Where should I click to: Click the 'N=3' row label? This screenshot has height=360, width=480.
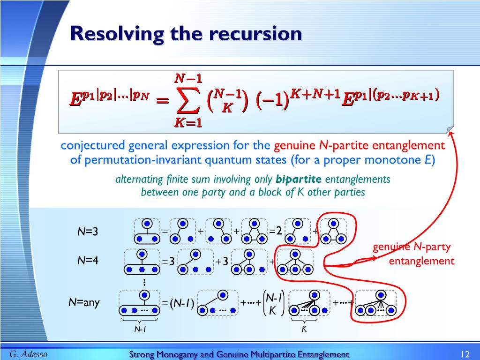click(88, 231)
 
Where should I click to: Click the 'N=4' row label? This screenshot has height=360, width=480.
click(88, 261)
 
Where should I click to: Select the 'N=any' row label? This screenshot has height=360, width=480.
click(84, 302)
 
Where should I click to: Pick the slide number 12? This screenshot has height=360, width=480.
click(465, 354)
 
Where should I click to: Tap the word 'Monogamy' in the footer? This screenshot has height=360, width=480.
click(178, 354)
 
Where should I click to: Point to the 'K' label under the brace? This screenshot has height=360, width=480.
click(304, 329)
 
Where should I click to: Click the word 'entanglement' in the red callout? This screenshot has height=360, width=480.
click(421, 261)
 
